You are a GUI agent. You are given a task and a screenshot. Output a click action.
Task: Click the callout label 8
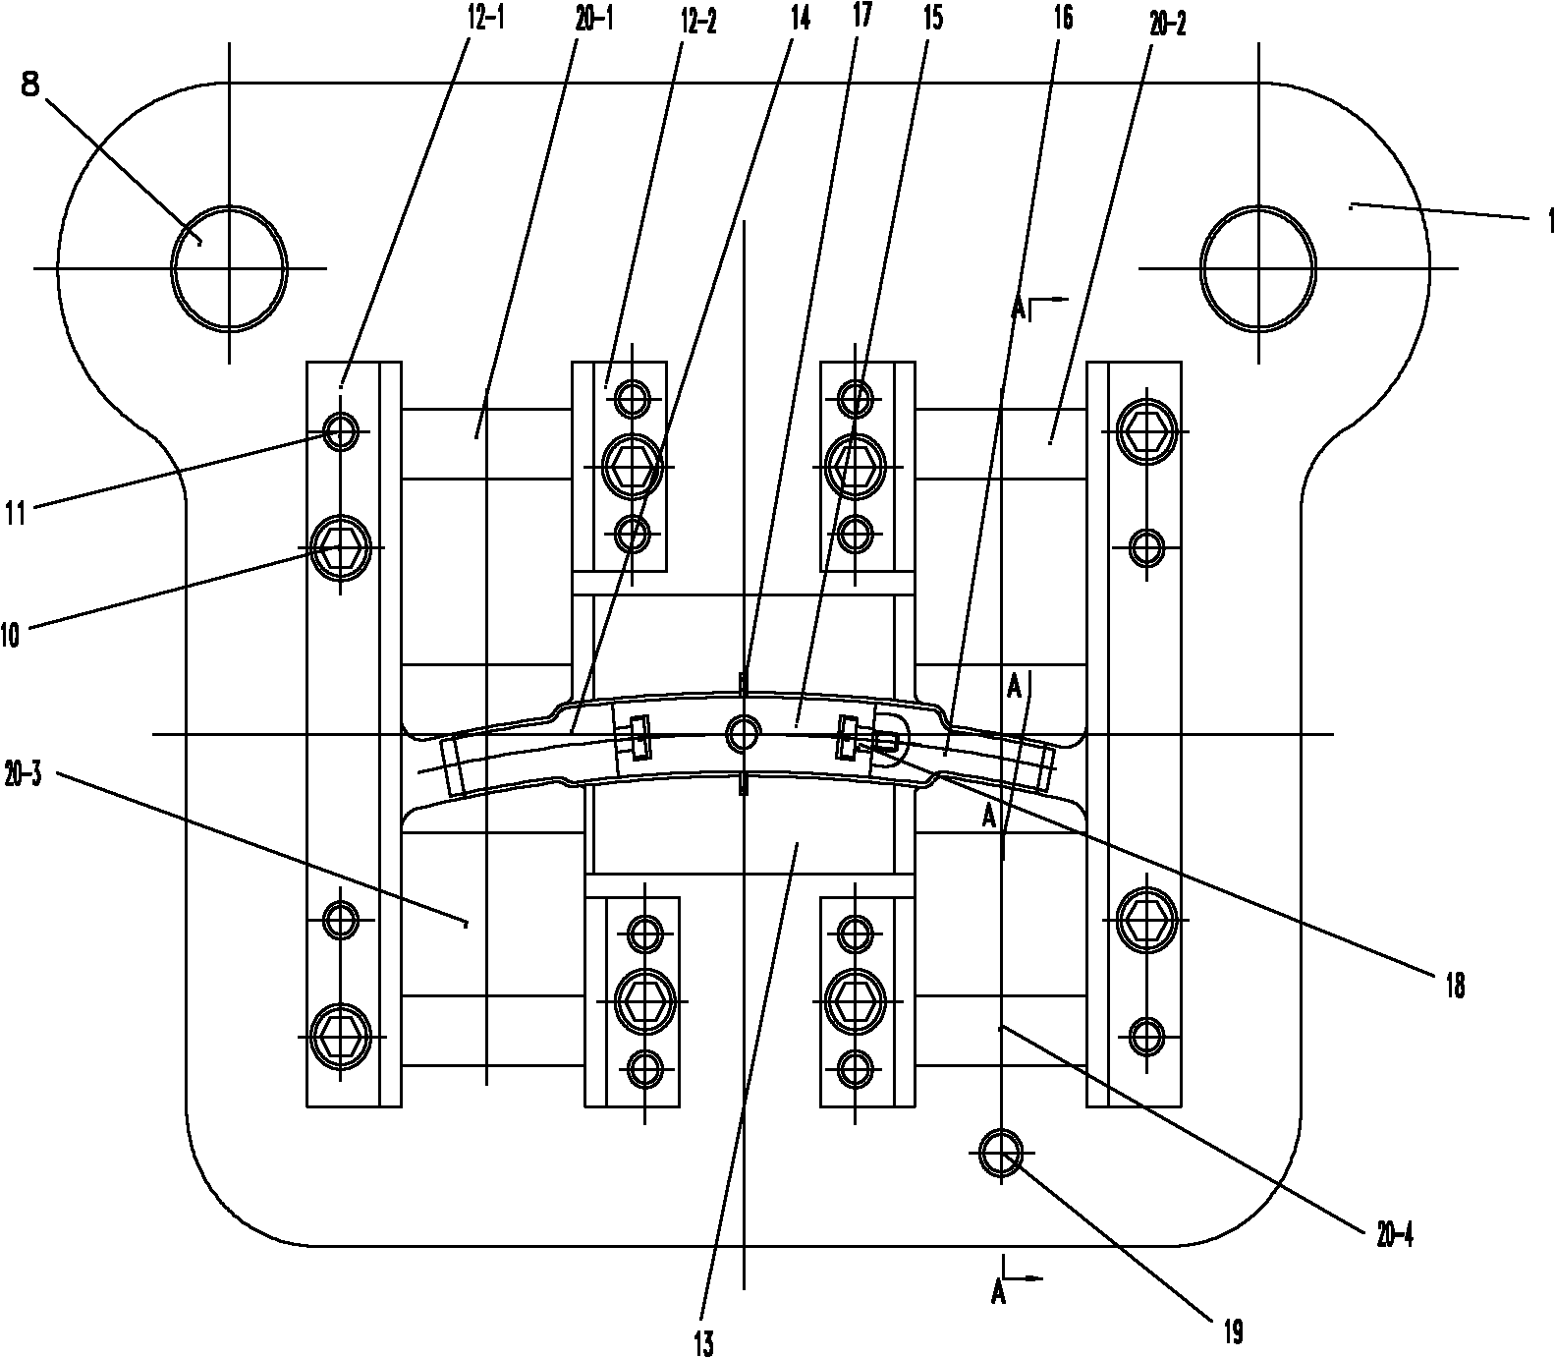[x=29, y=86]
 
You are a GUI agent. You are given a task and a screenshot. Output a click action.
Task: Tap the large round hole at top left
[x=229, y=267]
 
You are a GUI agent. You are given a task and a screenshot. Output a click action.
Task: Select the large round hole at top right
[x=1258, y=267]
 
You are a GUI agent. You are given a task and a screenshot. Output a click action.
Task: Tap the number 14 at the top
[x=800, y=18]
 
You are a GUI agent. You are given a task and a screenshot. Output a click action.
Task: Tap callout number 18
[x=1454, y=985]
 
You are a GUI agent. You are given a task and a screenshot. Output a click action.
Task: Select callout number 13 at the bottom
[x=702, y=1341]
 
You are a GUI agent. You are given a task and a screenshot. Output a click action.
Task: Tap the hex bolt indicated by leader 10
[x=340, y=547]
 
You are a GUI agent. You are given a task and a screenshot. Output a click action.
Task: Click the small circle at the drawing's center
[x=743, y=732]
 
